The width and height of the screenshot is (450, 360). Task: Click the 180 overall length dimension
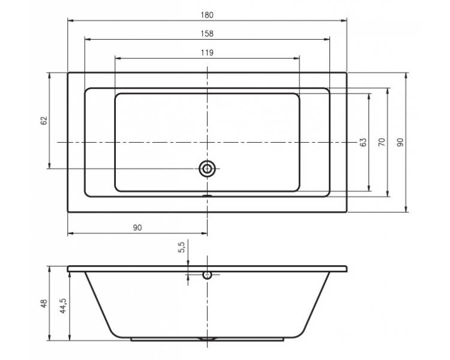tap(207, 15)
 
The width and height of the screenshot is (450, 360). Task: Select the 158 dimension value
tap(207, 34)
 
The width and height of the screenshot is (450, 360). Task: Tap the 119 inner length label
tap(207, 53)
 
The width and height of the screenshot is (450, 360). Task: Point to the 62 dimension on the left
tap(44, 121)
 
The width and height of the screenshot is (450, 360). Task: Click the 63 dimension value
tap(363, 142)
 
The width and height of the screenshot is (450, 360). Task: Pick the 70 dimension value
tap(382, 142)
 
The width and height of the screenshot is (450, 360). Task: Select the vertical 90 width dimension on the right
tap(400, 142)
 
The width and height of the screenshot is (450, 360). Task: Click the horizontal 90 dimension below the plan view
tap(137, 227)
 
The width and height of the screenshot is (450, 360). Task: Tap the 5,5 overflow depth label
tap(182, 247)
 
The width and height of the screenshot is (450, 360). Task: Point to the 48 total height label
tap(44, 304)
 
